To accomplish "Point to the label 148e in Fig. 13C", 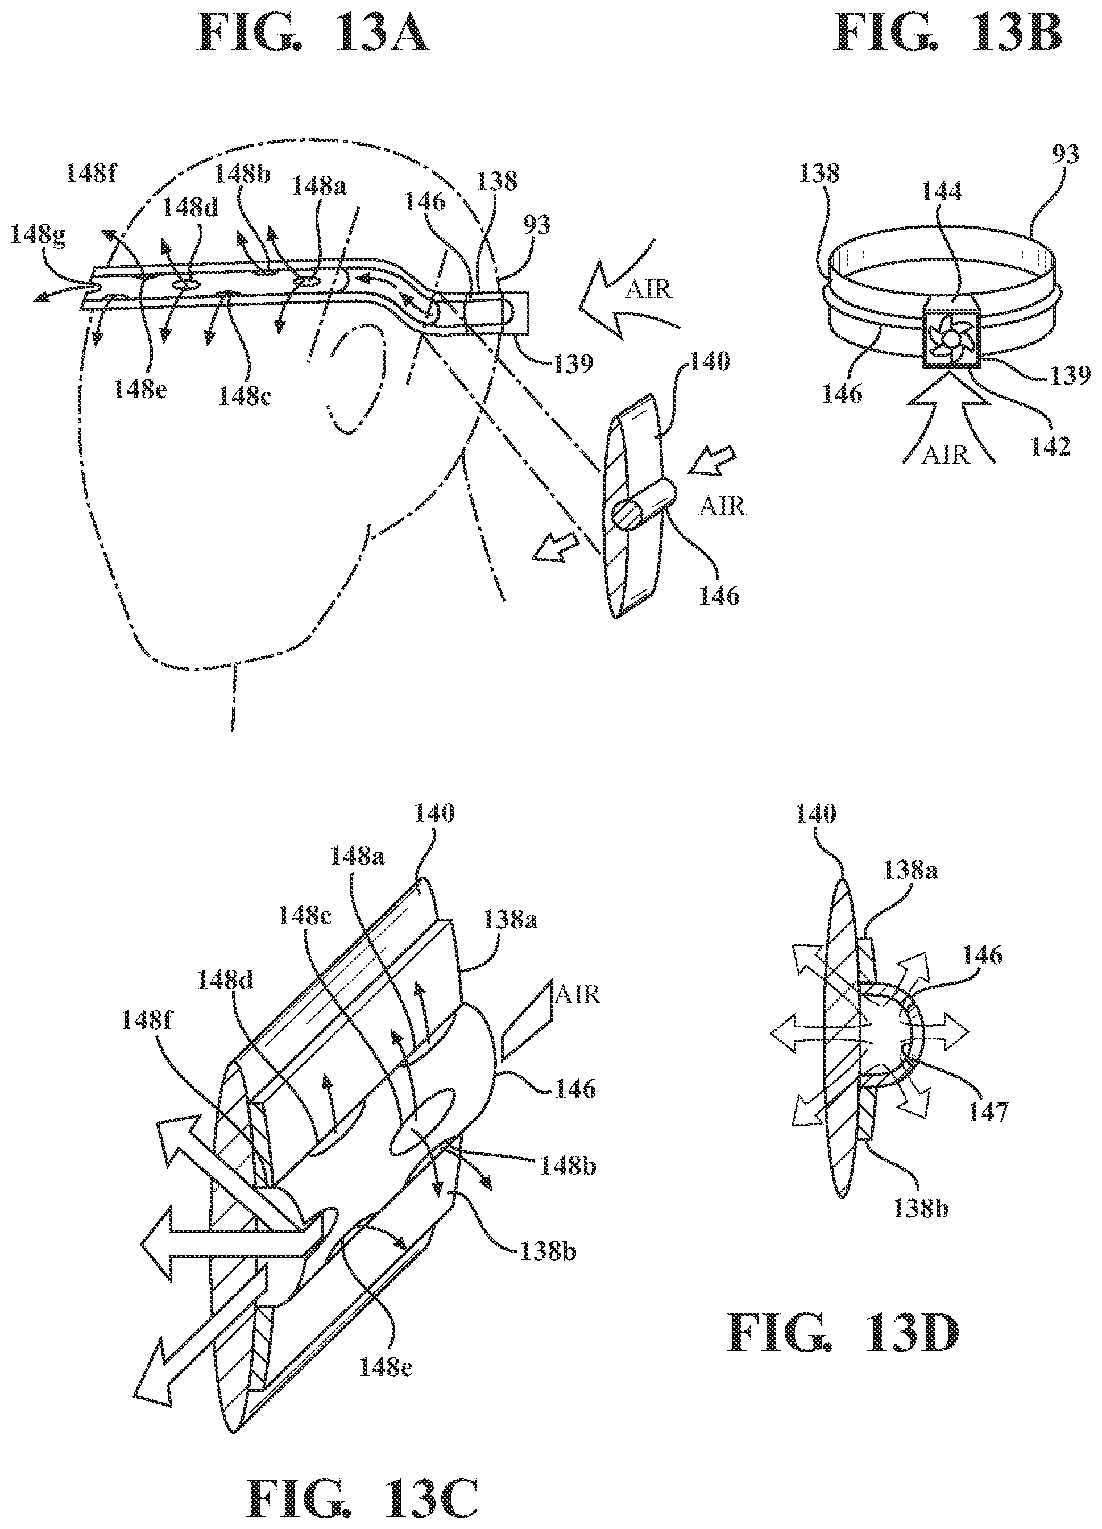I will [386, 1366].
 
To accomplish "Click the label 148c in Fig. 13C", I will [305, 918].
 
